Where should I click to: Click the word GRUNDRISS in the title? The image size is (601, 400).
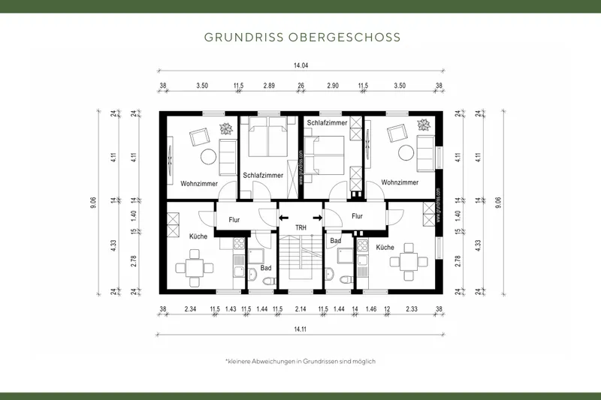pyautogui.click(x=239, y=37)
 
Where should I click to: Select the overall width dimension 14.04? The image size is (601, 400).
pyautogui.click(x=300, y=65)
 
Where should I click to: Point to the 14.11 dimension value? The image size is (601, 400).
pyautogui.click(x=300, y=327)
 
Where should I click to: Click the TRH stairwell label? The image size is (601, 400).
pyautogui.click(x=300, y=227)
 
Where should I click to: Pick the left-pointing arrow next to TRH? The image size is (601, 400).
pyautogui.click(x=283, y=218)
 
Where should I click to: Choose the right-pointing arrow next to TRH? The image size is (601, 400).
pyautogui.click(x=318, y=218)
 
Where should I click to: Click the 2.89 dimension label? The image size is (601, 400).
pyautogui.click(x=269, y=86)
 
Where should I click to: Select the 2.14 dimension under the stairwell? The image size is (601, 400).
pyautogui.click(x=300, y=309)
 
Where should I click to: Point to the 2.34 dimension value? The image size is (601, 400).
pyautogui.click(x=191, y=309)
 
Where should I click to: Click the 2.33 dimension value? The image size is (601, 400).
pyautogui.click(x=411, y=309)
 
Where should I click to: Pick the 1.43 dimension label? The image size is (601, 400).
pyautogui.click(x=231, y=309)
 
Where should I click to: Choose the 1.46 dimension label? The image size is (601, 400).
pyautogui.click(x=370, y=309)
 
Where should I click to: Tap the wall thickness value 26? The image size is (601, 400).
pyautogui.click(x=300, y=86)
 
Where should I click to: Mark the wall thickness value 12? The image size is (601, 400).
pyautogui.click(x=387, y=309)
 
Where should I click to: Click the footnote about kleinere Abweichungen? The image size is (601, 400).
pyautogui.click(x=300, y=361)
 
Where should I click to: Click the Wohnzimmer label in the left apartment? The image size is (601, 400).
pyautogui.click(x=199, y=183)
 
